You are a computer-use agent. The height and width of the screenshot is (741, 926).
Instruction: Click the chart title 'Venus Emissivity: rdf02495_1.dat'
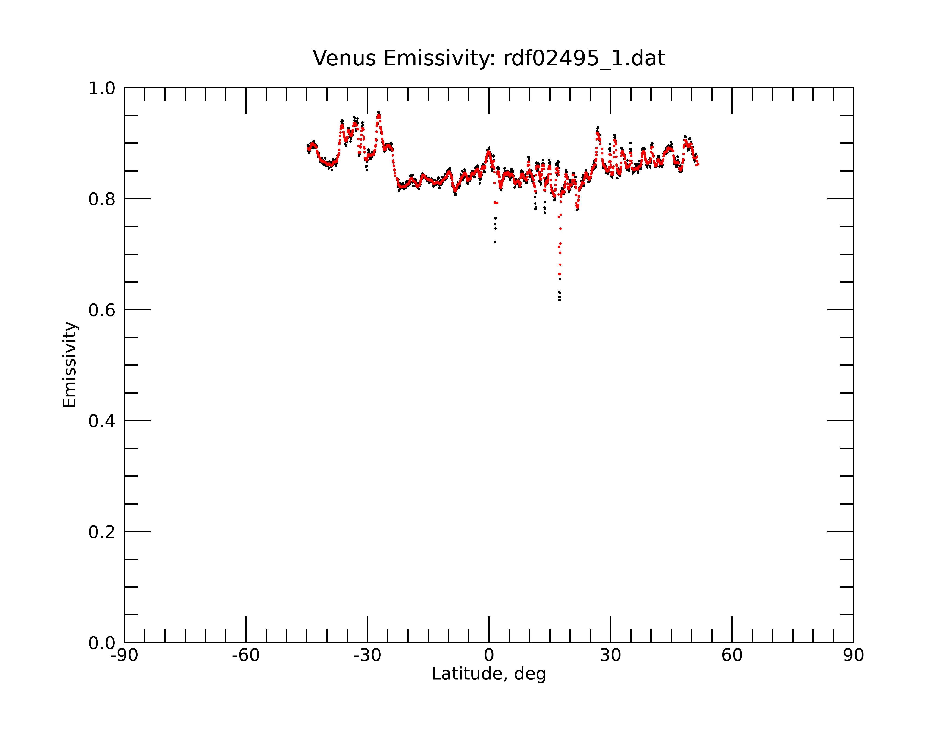pos(489,58)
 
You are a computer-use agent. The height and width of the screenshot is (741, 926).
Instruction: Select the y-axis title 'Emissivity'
pos(70,365)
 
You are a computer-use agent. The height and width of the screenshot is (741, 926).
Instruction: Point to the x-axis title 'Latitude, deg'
pos(489,674)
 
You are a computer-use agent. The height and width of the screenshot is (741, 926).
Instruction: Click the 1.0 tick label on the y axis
pos(102,88)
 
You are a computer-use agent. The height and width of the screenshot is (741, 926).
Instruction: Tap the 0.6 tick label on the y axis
pos(102,310)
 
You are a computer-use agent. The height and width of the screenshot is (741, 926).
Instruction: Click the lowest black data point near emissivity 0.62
pos(559,300)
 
